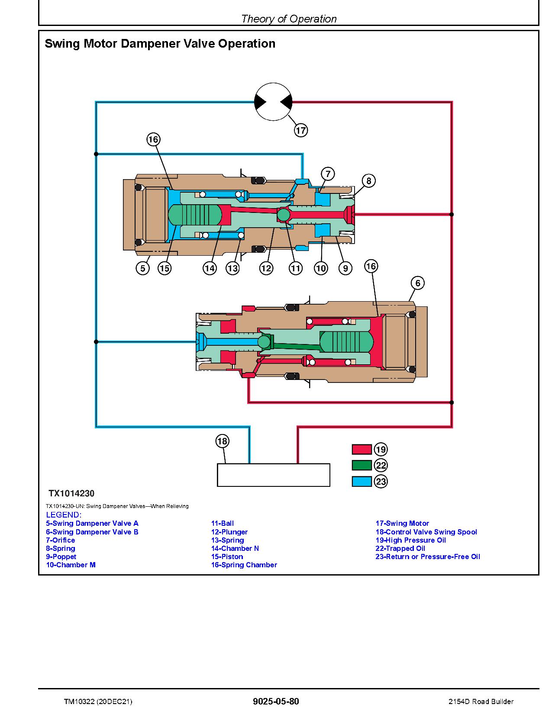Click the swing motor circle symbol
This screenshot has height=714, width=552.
point(273,102)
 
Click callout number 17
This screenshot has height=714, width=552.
point(301,130)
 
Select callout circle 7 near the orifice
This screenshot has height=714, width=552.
point(328,174)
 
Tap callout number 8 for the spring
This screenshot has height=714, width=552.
point(368,180)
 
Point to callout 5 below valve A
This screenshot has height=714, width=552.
point(142,268)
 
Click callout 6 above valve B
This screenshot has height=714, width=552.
point(417,283)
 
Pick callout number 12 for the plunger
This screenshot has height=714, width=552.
point(266,268)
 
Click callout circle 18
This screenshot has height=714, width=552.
point(222,441)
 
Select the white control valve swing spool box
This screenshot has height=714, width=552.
point(273,475)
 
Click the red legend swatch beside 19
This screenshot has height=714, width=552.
point(362,450)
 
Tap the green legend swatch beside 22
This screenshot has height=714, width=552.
point(362,466)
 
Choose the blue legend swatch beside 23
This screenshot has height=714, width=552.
point(362,482)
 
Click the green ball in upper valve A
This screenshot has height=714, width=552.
point(284,214)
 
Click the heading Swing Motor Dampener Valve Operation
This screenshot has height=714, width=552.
point(160,44)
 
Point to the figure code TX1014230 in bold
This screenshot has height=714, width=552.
point(71,493)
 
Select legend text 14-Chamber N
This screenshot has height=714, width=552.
point(235,548)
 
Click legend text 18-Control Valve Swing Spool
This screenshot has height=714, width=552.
point(426,532)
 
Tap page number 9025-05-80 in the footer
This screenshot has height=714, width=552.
point(276,701)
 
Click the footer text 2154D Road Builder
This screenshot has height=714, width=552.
point(481,701)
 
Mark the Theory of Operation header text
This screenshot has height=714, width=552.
point(289,19)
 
